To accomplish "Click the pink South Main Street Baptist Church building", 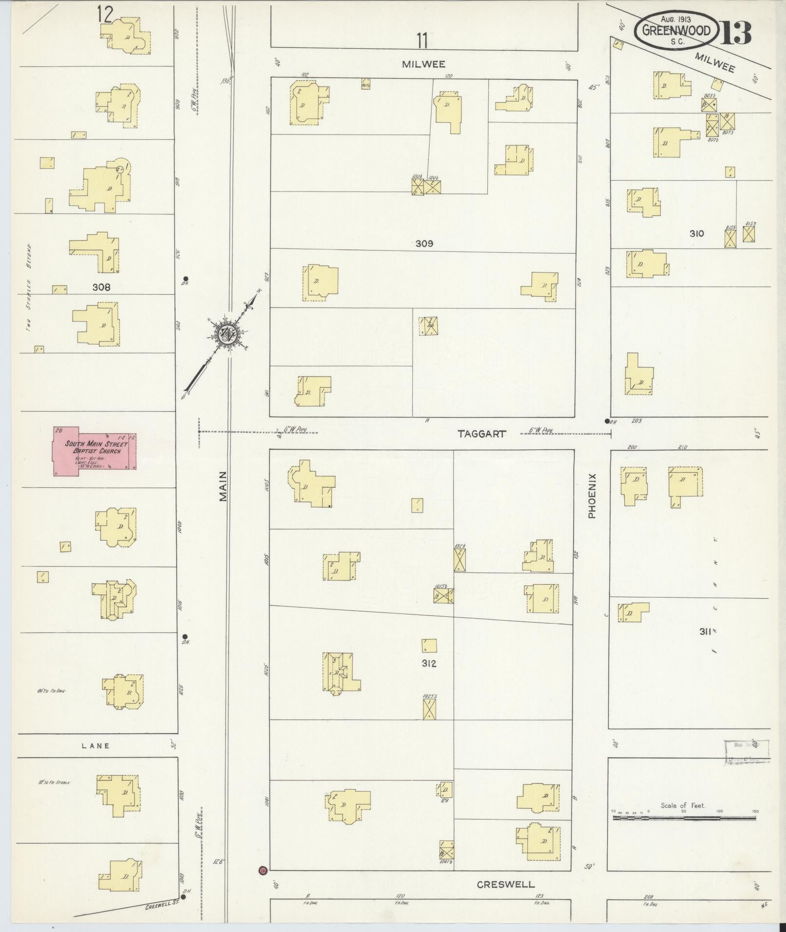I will pyautogui.click(x=95, y=451).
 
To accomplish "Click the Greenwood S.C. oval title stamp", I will pyautogui.click(x=676, y=31).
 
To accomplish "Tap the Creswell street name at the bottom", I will pyautogui.click(x=505, y=884).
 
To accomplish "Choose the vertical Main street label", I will pyautogui.click(x=223, y=486).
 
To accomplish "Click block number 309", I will pyautogui.click(x=424, y=243).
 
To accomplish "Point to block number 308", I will pyautogui.click(x=101, y=287).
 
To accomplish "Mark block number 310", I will pyautogui.click(x=696, y=233).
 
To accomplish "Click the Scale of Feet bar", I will pyautogui.click(x=683, y=818).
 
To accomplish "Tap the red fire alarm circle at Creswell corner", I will pyautogui.click(x=263, y=870).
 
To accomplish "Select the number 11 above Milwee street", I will pyautogui.click(x=422, y=41).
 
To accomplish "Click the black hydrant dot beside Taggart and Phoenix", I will pyautogui.click(x=607, y=421).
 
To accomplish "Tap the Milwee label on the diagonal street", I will pyautogui.click(x=714, y=62).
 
